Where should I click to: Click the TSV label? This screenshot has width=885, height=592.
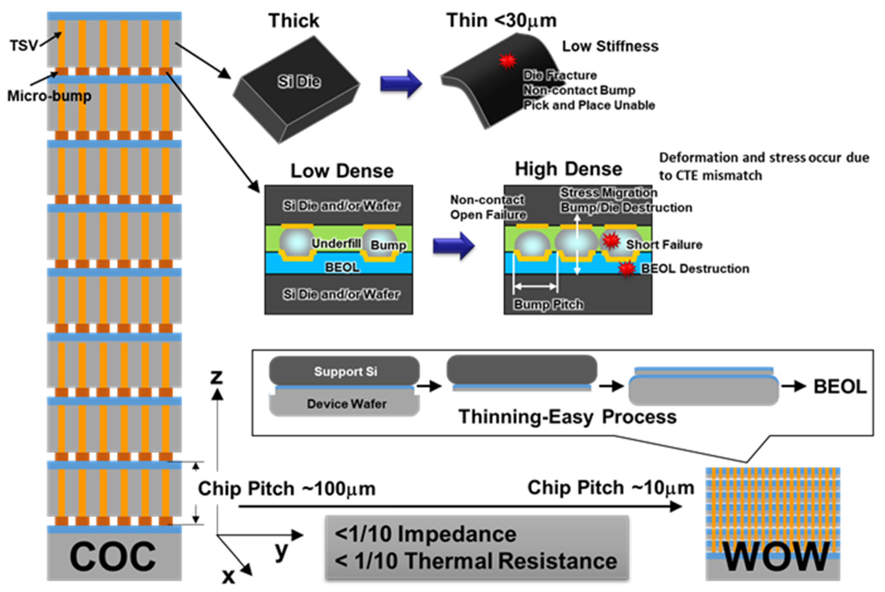point(23,46)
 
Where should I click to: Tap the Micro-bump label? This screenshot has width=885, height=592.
point(49,96)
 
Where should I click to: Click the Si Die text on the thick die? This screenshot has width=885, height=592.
point(299,82)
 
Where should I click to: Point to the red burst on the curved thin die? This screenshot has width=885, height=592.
point(507,61)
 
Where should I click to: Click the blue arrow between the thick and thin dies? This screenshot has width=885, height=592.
point(400,83)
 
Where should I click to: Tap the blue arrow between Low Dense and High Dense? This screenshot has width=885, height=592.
point(453,245)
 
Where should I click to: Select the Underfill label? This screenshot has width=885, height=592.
point(336,244)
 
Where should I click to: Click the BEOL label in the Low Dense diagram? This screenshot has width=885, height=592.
point(342,267)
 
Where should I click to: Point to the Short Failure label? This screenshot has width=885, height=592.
point(664,245)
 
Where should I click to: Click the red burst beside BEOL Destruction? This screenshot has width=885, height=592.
point(627,269)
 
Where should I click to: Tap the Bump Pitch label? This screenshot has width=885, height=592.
point(548,304)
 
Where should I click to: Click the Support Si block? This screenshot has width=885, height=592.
point(345,371)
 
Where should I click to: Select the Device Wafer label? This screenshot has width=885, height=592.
point(346,404)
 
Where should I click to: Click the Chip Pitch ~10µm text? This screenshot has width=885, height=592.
point(611,488)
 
